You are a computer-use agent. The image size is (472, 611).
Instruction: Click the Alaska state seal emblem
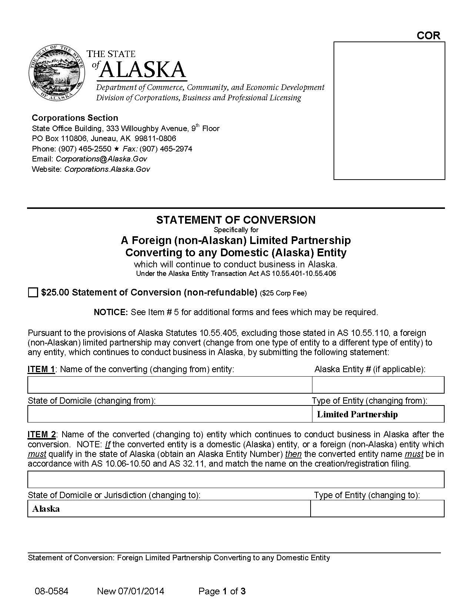tap(56, 73)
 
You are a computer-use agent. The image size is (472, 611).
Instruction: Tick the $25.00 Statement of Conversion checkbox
tap(33, 293)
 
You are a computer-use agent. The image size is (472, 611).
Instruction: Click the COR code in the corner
tap(428, 36)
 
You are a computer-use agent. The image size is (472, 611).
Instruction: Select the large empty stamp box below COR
tap(389, 111)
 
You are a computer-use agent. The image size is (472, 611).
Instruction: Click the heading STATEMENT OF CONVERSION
tap(236, 220)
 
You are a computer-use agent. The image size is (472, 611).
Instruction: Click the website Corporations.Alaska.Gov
tap(107, 169)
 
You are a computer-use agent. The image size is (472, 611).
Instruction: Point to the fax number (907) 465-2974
tap(166, 149)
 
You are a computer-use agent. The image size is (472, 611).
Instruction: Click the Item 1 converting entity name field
tap(170, 385)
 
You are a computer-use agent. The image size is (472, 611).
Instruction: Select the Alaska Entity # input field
tap(378, 385)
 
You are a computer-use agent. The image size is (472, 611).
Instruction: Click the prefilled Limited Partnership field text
tap(357, 414)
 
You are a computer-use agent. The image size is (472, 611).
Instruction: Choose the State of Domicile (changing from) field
tap(170, 414)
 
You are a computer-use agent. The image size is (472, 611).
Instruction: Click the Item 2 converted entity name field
tap(236, 480)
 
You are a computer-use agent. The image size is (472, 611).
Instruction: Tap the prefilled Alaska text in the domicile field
tap(46, 509)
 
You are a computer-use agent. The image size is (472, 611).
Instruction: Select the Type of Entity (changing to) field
tap(377, 509)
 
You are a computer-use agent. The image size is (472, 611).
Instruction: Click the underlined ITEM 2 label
tap(41, 434)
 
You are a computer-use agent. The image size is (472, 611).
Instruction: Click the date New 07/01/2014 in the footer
tap(130, 591)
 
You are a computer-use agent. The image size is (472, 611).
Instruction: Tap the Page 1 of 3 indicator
tap(222, 591)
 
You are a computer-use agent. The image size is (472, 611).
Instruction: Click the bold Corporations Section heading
tap(75, 118)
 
